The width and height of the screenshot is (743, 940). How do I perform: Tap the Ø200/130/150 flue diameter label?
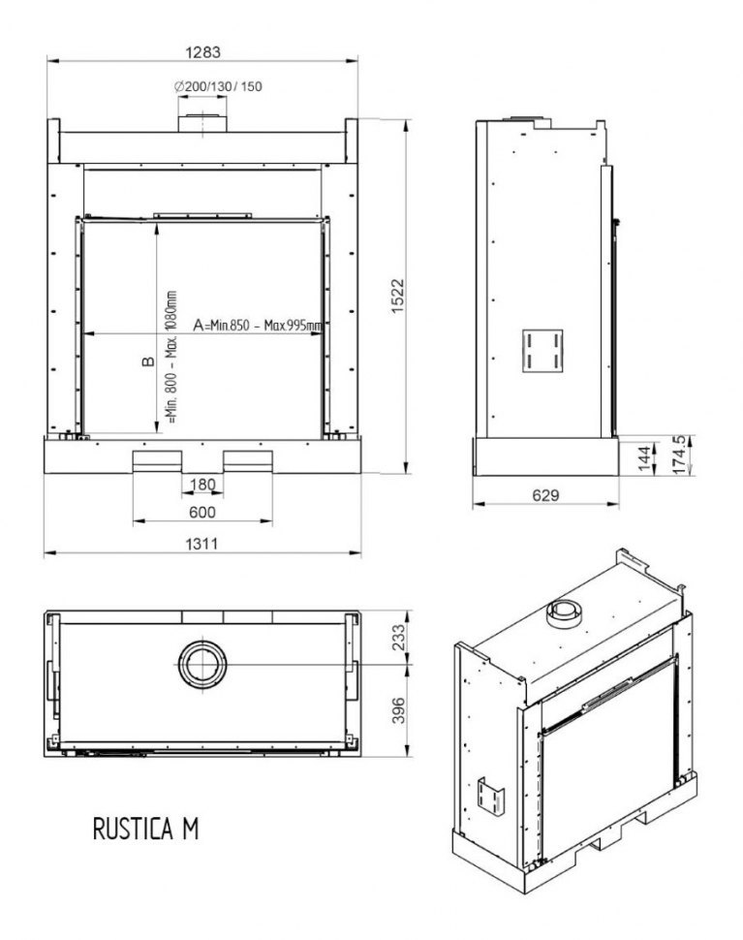coord(219,86)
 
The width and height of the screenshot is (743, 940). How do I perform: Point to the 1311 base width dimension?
coord(201,544)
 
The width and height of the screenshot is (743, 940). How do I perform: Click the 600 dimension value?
coord(201,512)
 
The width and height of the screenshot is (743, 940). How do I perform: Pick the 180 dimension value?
coord(201,484)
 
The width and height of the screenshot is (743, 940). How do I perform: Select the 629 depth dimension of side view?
coord(546,495)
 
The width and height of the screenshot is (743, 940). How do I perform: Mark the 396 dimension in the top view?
coord(396,714)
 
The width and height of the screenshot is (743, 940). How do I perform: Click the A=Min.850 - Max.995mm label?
coord(258,326)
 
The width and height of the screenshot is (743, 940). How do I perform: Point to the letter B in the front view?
coord(148,361)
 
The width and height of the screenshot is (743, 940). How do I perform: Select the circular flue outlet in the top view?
coord(203,665)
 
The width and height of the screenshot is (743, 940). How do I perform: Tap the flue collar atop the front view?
coord(202,122)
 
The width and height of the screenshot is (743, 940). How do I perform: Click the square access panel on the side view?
coord(543,350)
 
